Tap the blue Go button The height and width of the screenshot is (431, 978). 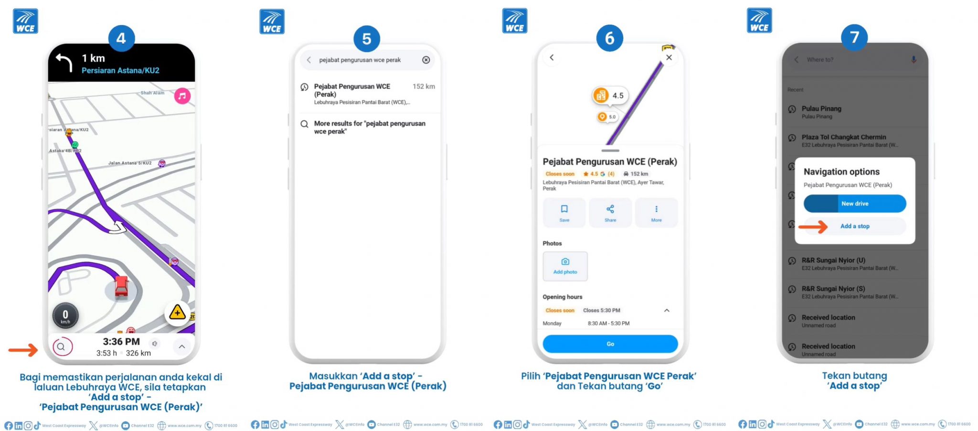click(x=610, y=344)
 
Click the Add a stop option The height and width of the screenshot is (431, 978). click(x=855, y=226)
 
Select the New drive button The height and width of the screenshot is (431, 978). click(x=855, y=204)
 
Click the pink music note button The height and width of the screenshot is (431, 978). click(x=182, y=96)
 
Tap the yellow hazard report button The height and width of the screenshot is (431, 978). click(x=177, y=313)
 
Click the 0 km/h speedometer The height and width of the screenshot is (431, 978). click(x=65, y=315)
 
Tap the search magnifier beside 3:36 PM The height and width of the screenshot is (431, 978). click(x=62, y=347)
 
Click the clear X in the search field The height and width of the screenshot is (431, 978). click(x=426, y=60)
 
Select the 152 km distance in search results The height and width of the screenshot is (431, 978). click(x=424, y=86)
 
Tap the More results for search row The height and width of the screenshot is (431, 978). click(x=369, y=127)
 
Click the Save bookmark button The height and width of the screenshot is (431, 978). click(x=564, y=213)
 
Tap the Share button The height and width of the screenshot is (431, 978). click(x=610, y=213)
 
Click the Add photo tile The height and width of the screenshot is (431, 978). click(x=565, y=266)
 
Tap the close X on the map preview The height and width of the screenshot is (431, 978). click(x=669, y=58)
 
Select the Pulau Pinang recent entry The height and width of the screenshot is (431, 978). click(x=821, y=112)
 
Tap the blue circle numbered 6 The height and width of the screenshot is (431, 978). click(x=609, y=38)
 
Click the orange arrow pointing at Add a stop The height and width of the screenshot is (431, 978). click(x=813, y=227)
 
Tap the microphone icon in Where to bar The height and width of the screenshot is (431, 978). click(x=913, y=60)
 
